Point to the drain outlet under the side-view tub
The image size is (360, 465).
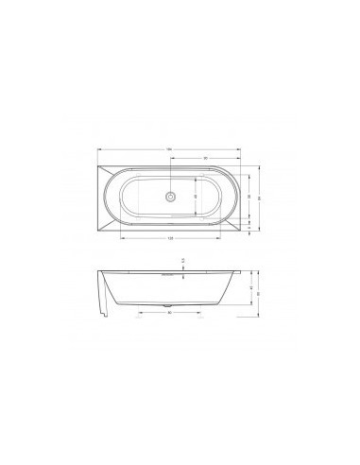[168, 307]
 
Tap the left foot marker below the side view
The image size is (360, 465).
[139, 319]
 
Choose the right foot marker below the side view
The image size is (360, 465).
[198, 319]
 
